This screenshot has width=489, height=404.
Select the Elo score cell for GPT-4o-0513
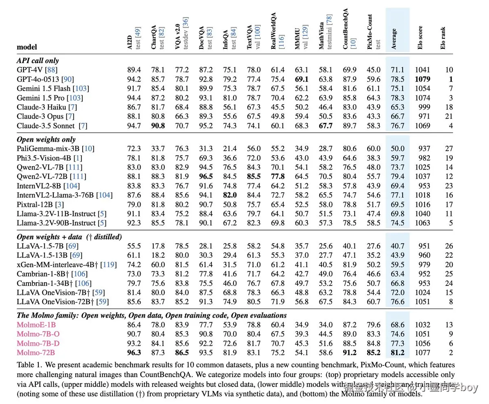422,79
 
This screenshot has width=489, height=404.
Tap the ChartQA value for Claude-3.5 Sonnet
158,126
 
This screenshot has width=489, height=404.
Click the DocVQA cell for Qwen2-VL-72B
206,176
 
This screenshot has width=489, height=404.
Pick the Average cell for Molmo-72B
397,353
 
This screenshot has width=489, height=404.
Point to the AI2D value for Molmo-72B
134,353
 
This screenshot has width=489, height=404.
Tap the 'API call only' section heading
38,60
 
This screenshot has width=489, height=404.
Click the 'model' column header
26,47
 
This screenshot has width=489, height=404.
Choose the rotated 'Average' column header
394,39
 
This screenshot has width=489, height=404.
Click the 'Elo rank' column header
443,39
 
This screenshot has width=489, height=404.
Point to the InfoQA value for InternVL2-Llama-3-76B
229,195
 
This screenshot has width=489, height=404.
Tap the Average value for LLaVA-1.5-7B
397,246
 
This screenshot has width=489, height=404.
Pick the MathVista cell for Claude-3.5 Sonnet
326,126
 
